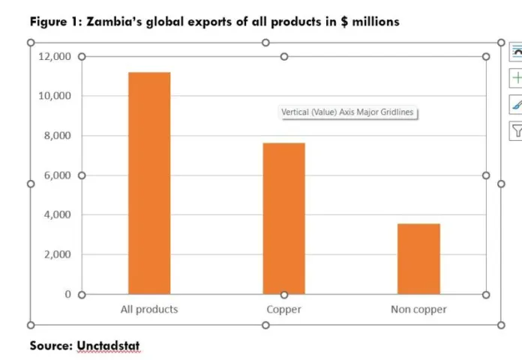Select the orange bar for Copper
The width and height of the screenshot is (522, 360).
coord(283,217)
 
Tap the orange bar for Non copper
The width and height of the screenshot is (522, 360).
coord(418,258)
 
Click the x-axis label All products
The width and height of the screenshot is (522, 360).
coord(149,309)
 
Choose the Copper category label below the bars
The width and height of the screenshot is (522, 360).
coord(283,309)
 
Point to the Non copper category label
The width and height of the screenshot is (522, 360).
coord(418,309)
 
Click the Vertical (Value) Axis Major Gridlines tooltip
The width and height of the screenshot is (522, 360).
coord(347,112)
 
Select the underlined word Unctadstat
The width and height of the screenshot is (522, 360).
coord(108,346)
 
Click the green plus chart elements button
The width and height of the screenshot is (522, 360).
coord(516,78)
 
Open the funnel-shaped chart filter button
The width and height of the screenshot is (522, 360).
coord(516,131)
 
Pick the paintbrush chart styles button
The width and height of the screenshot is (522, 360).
coord(516,105)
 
